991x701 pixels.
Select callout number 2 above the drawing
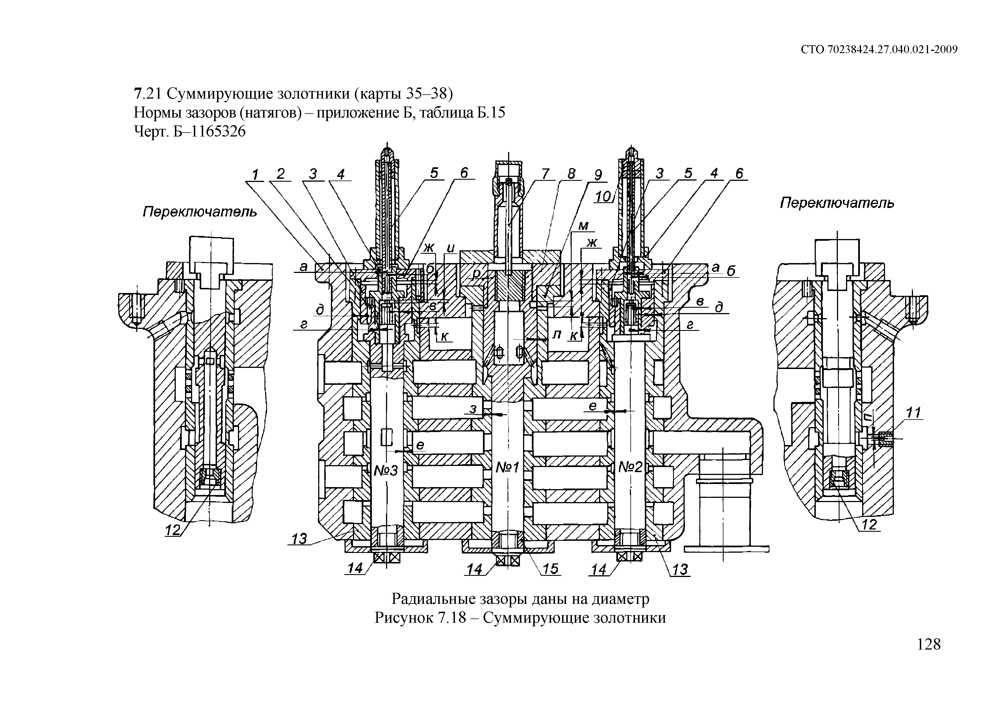point(281,174)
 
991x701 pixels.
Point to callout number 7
point(546,174)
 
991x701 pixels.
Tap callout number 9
point(598,175)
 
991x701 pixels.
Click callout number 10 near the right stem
point(603,197)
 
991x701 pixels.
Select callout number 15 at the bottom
point(550,569)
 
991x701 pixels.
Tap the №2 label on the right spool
point(631,466)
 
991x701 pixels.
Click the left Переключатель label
point(200,212)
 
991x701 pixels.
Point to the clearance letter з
point(474,408)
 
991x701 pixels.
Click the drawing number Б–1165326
point(209,131)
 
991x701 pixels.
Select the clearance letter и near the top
point(451,248)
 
